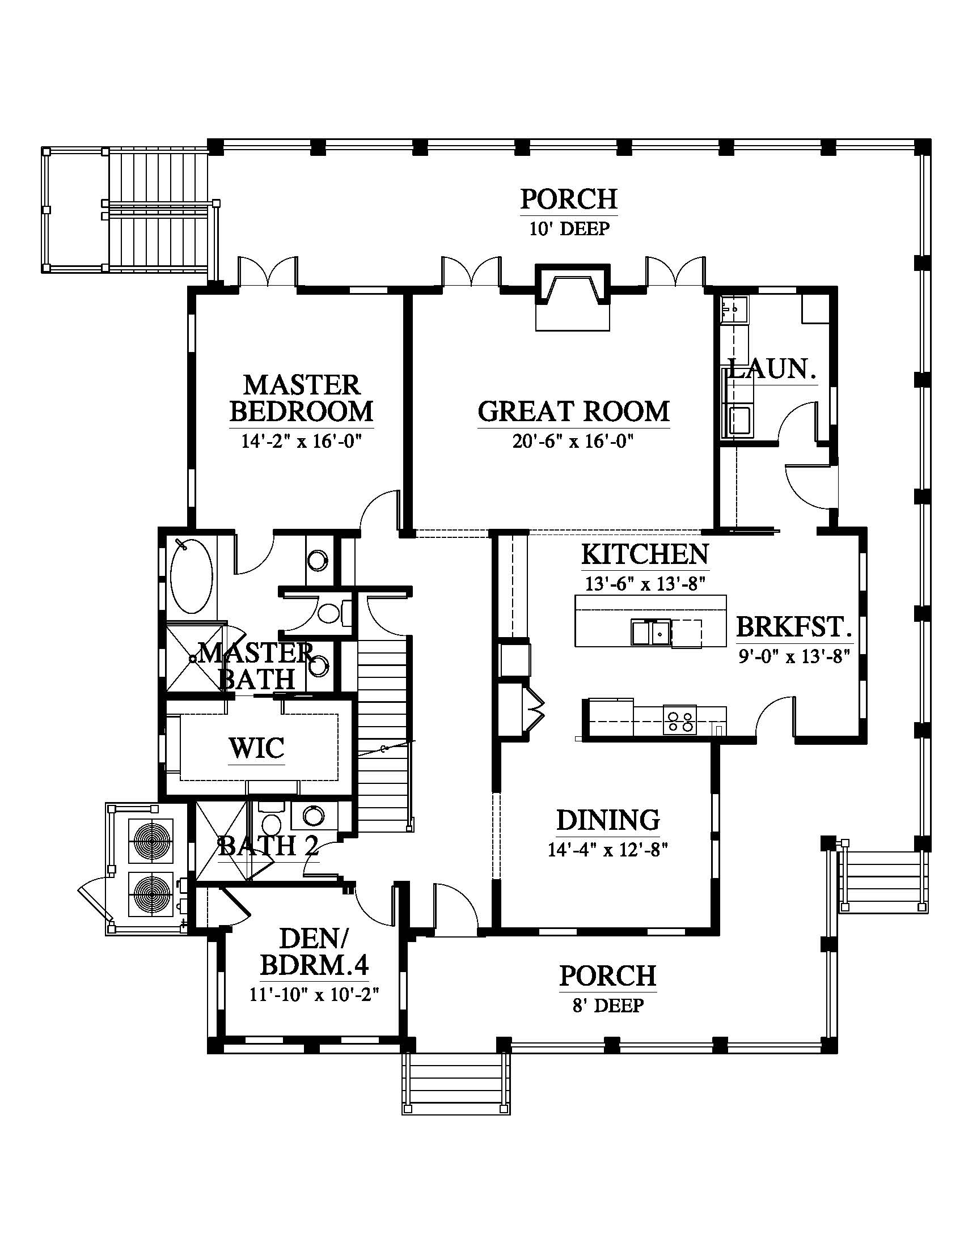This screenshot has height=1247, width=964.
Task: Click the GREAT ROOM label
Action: coord(573,412)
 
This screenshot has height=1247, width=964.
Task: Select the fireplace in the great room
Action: coord(573,298)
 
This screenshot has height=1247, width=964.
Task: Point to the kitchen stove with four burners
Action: coord(680,720)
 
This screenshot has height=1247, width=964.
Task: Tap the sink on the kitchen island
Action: coord(651,633)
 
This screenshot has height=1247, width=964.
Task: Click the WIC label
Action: coord(256,748)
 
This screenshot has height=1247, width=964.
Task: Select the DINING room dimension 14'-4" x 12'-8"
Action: coord(608,850)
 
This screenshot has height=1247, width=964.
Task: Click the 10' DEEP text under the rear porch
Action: coord(569,229)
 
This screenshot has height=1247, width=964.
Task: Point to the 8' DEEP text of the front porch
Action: coord(608,1006)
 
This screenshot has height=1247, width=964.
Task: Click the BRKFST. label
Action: coord(794,627)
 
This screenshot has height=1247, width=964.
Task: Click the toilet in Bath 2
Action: coord(270,821)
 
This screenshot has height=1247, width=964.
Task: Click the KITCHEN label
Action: coord(645,554)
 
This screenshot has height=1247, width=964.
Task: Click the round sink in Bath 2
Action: coord(312,816)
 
